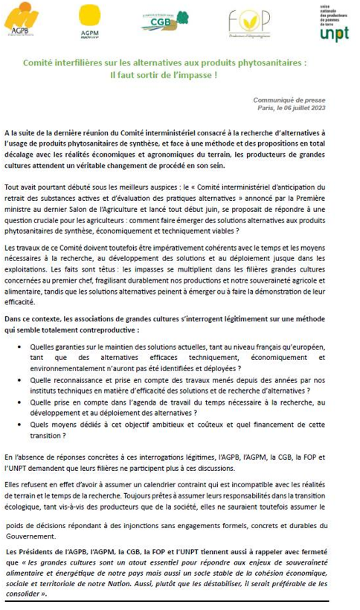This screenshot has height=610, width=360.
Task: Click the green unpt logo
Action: [335, 25]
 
